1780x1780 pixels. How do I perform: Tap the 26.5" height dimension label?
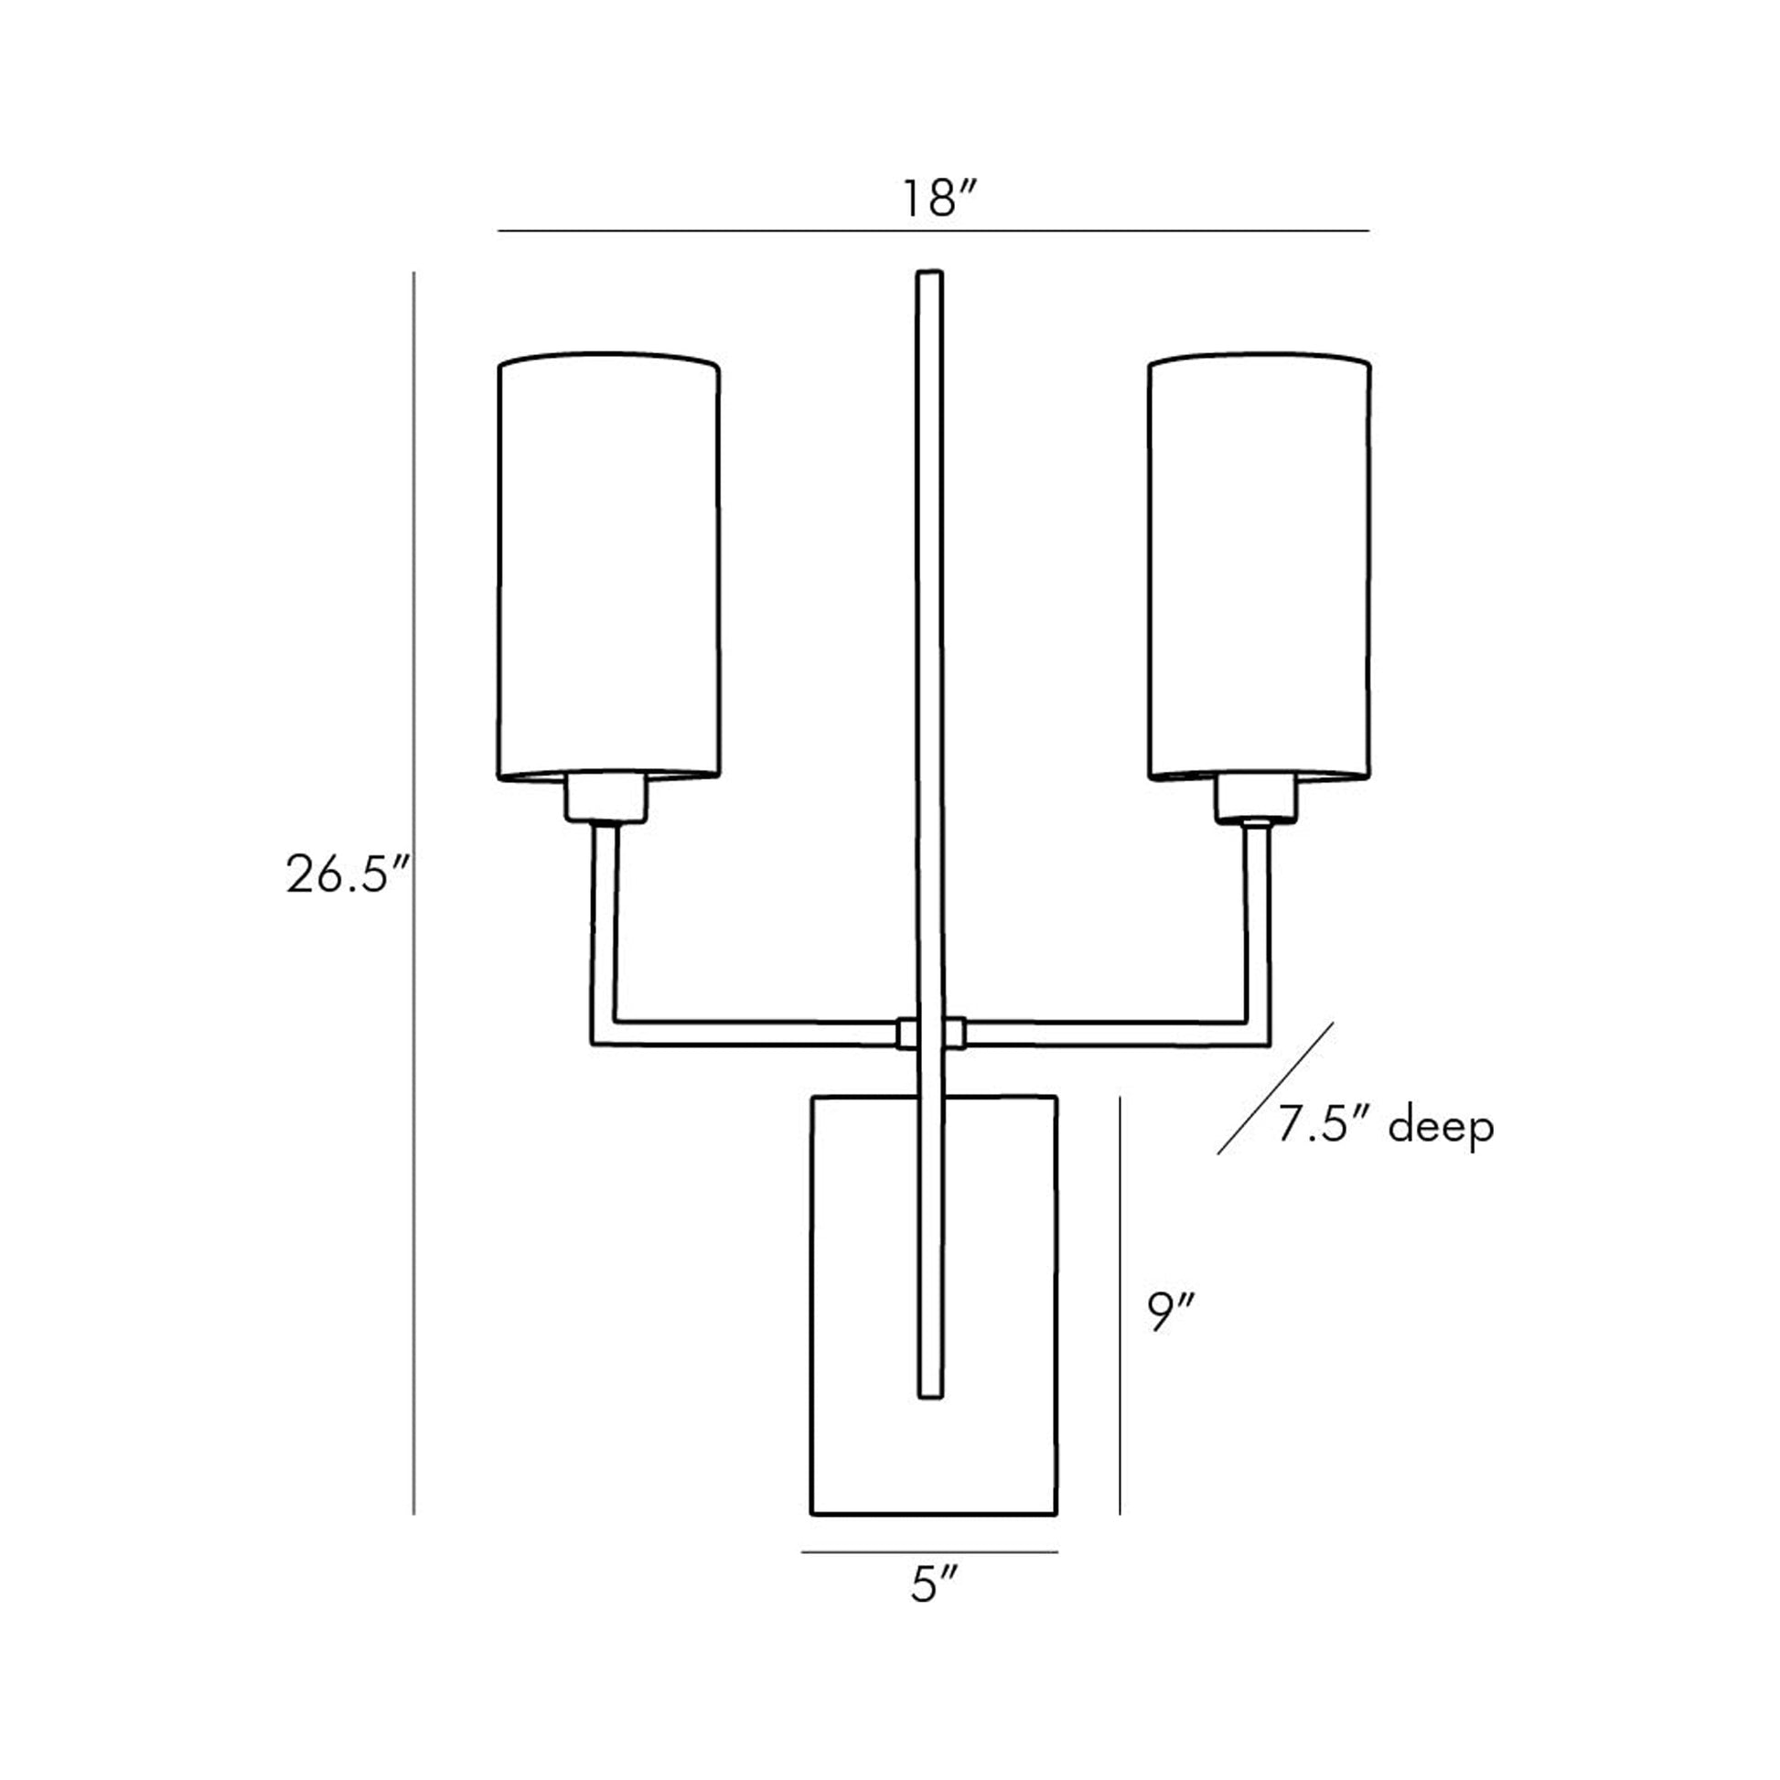(x=347, y=874)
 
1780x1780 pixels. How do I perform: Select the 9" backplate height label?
(x=1171, y=1312)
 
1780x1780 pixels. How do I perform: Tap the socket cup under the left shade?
(x=606, y=798)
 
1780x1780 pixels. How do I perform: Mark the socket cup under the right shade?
(x=1255, y=799)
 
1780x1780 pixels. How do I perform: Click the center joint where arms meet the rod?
(x=930, y=1033)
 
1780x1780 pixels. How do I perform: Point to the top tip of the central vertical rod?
(x=929, y=274)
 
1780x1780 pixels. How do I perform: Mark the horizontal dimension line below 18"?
(x=932, y=231)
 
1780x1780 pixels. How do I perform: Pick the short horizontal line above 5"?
(x=928, y=1552)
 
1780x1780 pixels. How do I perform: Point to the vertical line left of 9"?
(x=1120, y=1308)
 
